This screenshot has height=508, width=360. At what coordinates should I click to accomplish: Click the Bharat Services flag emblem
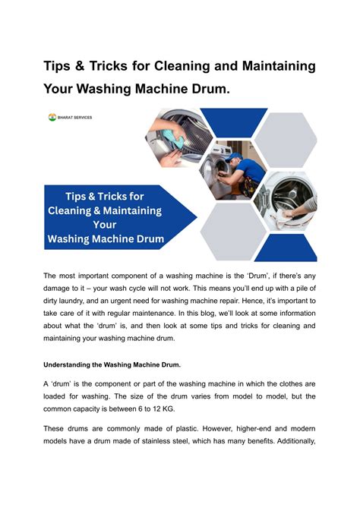52,118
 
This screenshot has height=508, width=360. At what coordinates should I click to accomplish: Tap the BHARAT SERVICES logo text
74,118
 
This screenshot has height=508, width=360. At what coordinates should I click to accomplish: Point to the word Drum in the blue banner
143,238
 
